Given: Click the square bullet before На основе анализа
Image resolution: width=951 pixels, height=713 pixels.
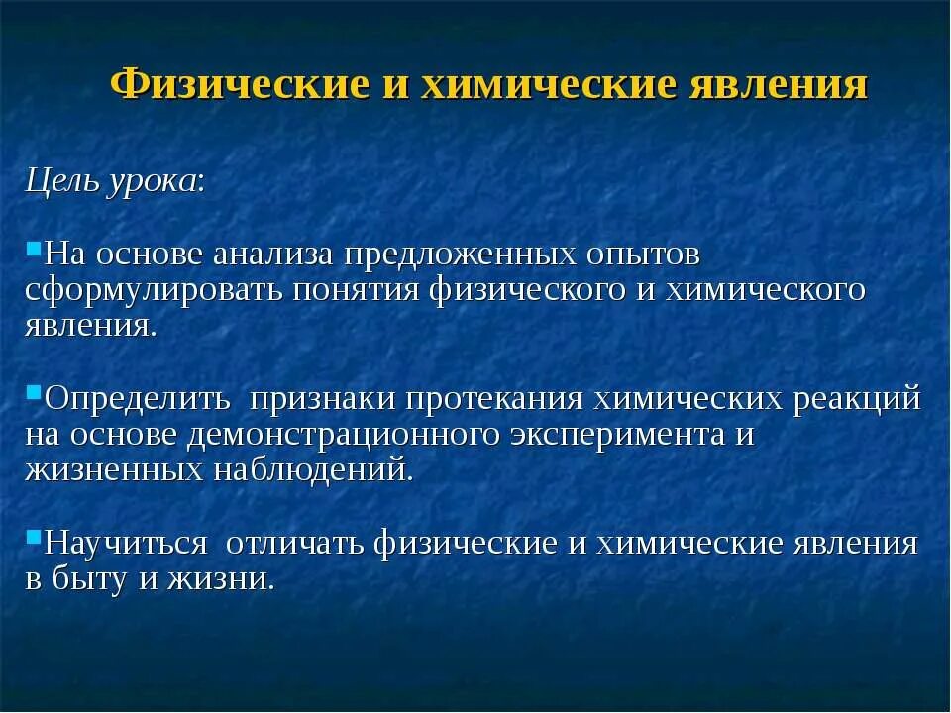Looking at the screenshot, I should pyautogui.click(x=33, y=245).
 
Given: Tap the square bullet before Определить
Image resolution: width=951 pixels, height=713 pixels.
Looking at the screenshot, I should pyautogui.click(x=33, y=390).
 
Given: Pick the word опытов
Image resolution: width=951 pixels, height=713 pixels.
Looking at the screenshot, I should pyautogui.click(x=644, y=255).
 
